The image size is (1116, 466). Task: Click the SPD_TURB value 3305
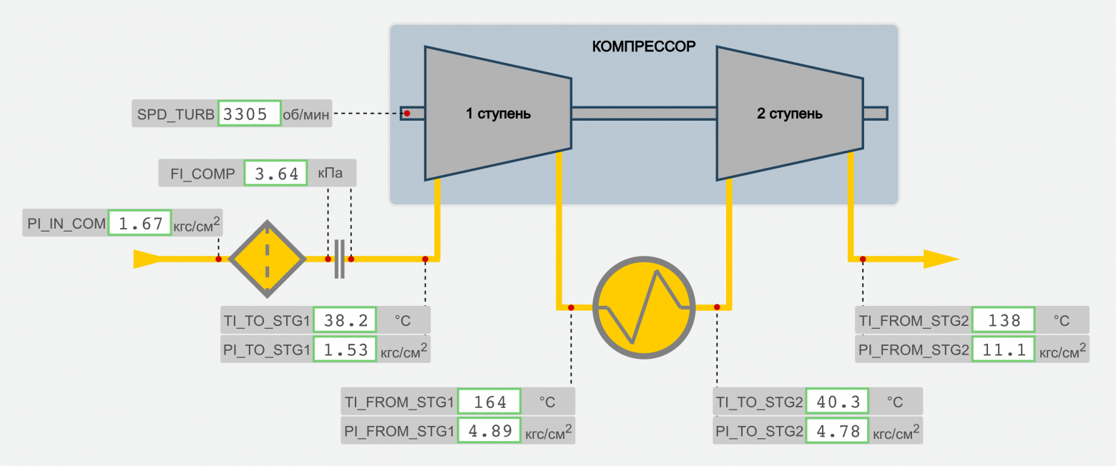(248, 114)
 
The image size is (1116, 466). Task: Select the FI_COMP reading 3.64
(275, 173)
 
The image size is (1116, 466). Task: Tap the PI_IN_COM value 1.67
(139, 224)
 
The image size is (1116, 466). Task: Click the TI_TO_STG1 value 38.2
(345, 321)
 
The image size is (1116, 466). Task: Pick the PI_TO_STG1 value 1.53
(345, 349)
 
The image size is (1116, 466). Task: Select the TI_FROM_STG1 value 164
(489, 402)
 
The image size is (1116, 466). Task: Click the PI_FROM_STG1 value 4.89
(489, 431)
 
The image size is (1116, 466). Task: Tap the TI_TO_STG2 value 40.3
(837, 402)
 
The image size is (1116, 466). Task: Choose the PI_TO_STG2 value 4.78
(837, 431)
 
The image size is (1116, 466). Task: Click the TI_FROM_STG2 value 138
(1003, 321)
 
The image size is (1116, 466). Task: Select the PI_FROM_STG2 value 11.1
(1003, 349)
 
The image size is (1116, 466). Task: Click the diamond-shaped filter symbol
(267, 259)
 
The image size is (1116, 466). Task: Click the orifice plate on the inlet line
(340, 259)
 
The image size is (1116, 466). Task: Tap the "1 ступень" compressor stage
(498, 113)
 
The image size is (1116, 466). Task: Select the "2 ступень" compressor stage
(789, 113)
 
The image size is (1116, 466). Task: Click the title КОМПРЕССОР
(643, 47)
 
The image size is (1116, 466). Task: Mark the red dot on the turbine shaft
(407, 114)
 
